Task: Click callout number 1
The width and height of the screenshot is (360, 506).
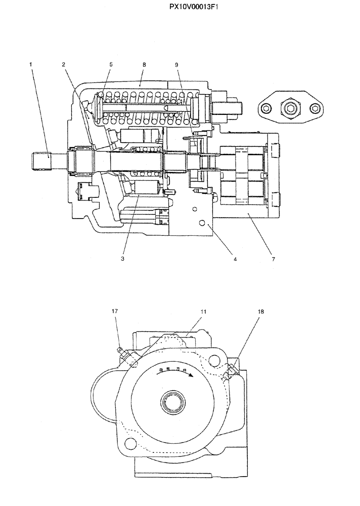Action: pos(31,64)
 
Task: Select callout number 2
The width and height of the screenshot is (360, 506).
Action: pos(64,64)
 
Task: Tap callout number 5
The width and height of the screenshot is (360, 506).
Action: pos(110,64)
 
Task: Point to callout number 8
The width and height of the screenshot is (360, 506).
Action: pos(144,64)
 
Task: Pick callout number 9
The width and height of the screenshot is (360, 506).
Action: pos(176,64)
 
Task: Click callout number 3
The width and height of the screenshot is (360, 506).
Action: pos(122,258)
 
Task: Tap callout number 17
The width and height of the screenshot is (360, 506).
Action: pos(115,312)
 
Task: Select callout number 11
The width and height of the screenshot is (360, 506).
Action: pos(203,312)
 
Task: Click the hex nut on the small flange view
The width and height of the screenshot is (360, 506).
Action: pos(290,107)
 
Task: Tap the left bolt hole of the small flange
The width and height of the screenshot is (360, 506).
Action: pos(265,107)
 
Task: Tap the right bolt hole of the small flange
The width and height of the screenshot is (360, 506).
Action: pos(316,107)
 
